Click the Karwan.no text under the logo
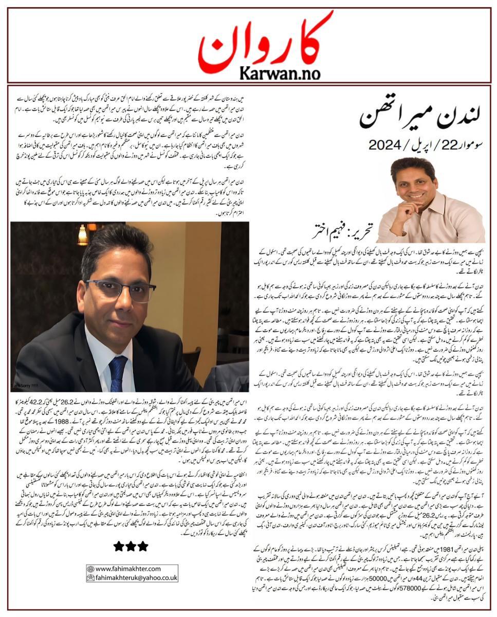coord(248,72)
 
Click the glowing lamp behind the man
coord(82,235)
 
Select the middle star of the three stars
coord(131,546)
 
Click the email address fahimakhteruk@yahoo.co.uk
coord(136,577)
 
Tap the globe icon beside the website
coord(90,569)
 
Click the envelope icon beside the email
coord(90,577)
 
